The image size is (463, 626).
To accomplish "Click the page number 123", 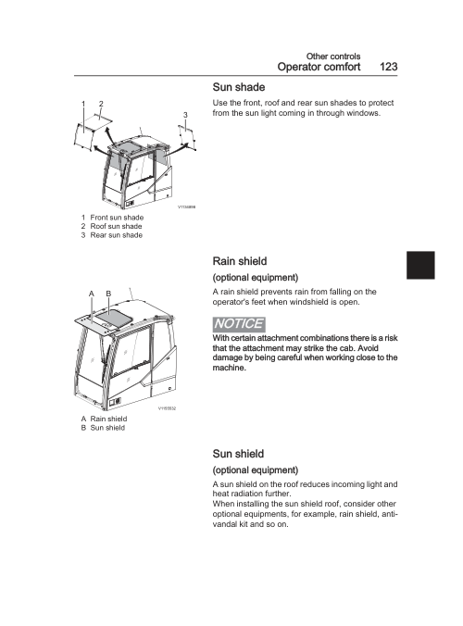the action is [388, 67].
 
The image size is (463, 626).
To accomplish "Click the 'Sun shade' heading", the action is [239, 87].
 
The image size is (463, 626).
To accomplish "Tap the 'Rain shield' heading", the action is [240, 261].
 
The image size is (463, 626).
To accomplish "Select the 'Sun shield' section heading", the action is [238, 454].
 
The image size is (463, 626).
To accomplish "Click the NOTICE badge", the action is [239, 324].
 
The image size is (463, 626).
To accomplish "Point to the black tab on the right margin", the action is [420, 265].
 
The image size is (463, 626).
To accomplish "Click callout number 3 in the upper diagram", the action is [185, 115].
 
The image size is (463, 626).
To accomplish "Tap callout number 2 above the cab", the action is [101, 104].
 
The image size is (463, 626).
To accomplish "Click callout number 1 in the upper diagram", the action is [83, 104].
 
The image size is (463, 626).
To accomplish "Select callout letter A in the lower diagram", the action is [92, 294].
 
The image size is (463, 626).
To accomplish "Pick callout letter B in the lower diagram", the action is [108, 294].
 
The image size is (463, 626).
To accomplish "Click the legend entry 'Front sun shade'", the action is [113, 218].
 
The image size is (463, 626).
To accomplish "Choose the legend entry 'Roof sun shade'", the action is [112, 226].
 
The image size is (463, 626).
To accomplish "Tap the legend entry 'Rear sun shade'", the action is [112, 235].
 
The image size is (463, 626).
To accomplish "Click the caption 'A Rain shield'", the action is [104, 419].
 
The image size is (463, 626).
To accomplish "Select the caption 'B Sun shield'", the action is [103, 428].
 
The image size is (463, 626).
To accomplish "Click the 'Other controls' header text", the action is [333, 56].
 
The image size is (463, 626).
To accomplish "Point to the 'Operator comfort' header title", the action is [319, 67].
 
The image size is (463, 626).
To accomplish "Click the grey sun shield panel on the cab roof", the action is [114, 317].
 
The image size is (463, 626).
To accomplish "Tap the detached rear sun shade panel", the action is [187, 137].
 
